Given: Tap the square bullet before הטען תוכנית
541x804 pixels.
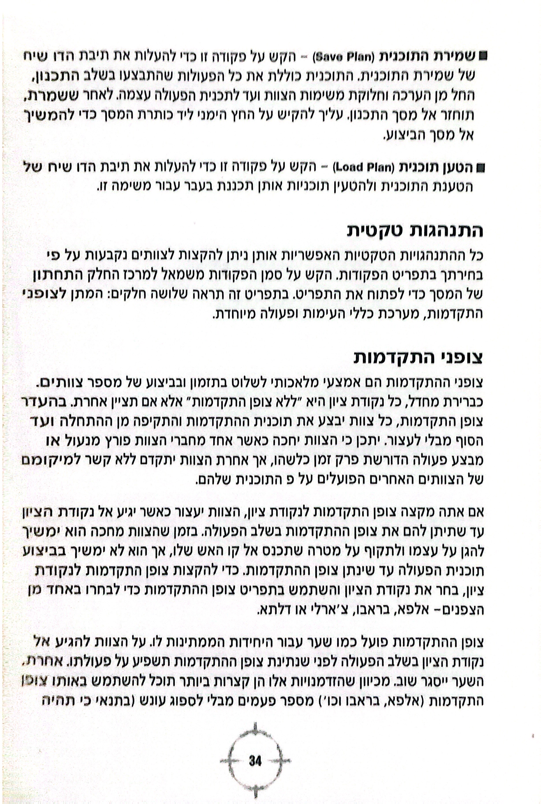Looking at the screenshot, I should tap(480, 168).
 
